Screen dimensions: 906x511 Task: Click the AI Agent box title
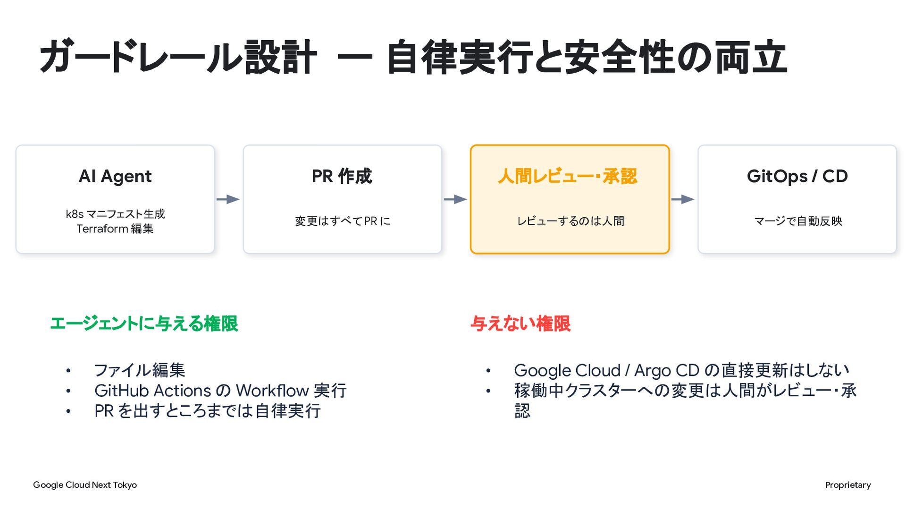tap(115, 176)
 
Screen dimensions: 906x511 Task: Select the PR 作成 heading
tap(342, 176)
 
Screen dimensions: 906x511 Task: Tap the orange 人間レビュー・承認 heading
tap(568, 176)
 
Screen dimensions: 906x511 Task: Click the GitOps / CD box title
tap(797, 176)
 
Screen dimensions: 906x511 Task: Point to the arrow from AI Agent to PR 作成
tap(228, 199)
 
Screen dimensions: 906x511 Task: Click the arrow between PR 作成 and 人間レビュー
tap(456, 199)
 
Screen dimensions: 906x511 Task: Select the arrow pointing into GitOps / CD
tap(683, 199)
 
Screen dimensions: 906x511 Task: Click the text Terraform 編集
tap(115, 229)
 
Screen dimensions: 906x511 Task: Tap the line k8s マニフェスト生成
tap(115, 214)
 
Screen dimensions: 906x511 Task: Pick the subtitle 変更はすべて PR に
tap(343, 221)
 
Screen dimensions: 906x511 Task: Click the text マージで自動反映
tap(798, 221)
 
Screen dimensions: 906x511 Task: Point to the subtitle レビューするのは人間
tap(570, 221)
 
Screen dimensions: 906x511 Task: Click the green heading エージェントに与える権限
tap(144, 324)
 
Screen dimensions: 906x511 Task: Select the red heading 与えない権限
tap(520, 324)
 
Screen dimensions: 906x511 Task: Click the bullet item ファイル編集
tap(140, 370)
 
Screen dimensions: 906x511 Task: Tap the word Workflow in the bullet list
tap(272, 391)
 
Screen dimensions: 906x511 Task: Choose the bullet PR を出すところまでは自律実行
tap(208, 411)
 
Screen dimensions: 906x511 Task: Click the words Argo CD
tap(666, 370)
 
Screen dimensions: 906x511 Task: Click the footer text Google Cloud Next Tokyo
tap(85, 485)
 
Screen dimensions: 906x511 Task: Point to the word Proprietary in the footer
tap(848, 485)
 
